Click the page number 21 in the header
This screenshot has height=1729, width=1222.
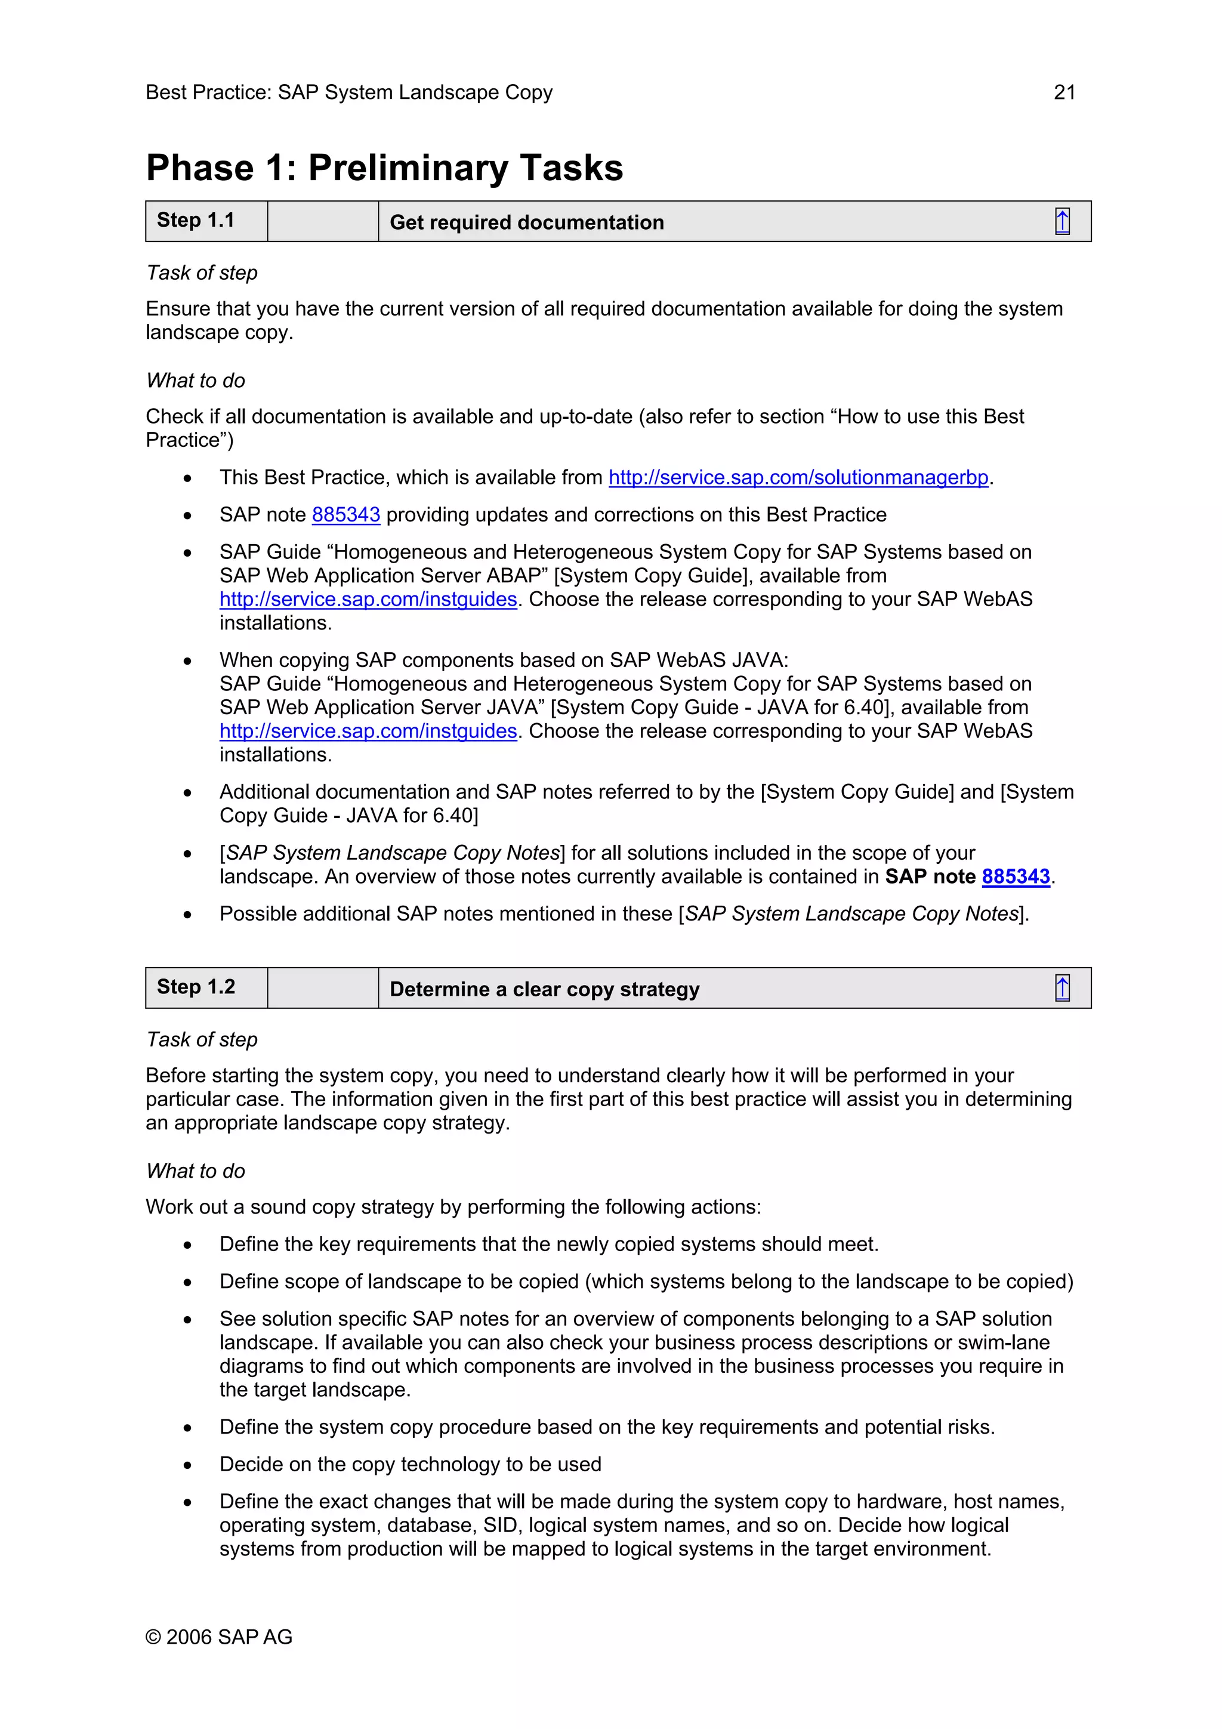1064,92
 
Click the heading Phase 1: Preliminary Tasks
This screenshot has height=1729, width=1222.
384,168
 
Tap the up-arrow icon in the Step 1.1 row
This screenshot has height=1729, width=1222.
1061,221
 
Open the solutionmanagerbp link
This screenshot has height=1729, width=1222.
798,477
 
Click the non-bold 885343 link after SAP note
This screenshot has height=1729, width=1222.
345,514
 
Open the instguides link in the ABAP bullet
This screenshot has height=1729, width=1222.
368,600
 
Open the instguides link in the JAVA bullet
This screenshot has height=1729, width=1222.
368,731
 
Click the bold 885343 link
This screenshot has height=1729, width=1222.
1016,876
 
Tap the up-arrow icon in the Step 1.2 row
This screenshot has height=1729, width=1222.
1061,988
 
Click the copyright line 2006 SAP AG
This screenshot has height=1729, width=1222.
219,1637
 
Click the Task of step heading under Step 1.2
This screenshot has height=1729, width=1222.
202,1040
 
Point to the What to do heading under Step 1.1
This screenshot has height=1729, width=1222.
196,381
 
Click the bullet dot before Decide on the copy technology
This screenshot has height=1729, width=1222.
187,1465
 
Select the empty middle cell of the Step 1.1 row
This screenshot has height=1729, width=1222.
322,221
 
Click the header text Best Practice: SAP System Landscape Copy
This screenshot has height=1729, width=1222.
348,92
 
